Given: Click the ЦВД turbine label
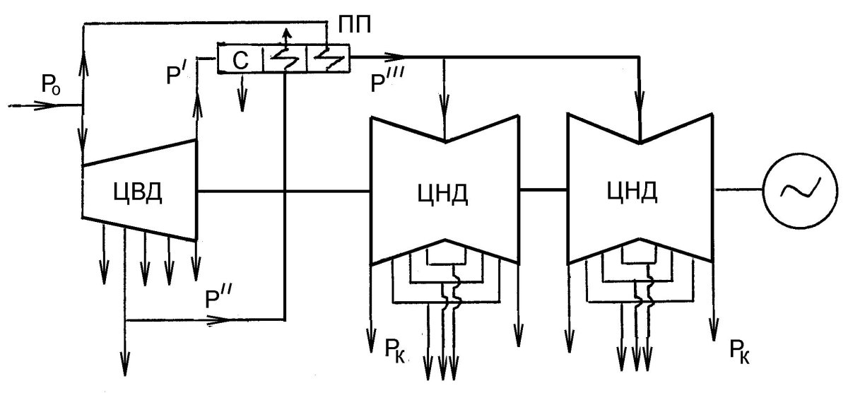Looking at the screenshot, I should [x=137, y=192].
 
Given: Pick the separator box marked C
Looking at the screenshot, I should [x=240, y=59].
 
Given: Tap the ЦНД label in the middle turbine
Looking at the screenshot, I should [x=445, y=192].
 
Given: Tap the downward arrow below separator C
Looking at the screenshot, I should [x=243, y=103].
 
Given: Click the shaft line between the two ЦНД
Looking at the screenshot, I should [x=544, y=189].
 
